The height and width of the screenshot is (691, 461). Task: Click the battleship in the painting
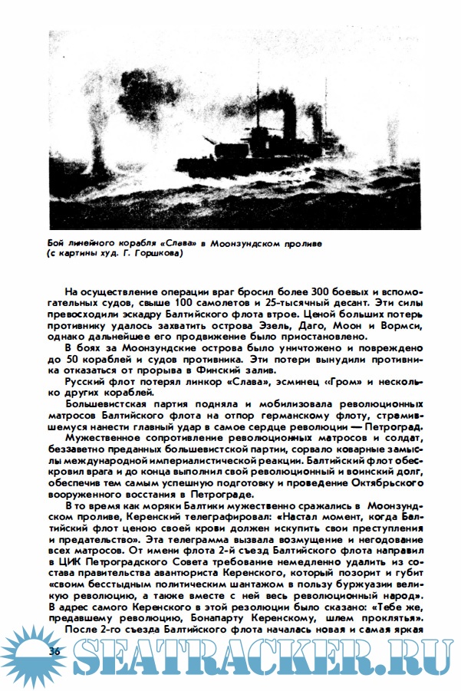[x=253, y=142]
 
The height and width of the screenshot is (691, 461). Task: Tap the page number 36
[x=55, y=650]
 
